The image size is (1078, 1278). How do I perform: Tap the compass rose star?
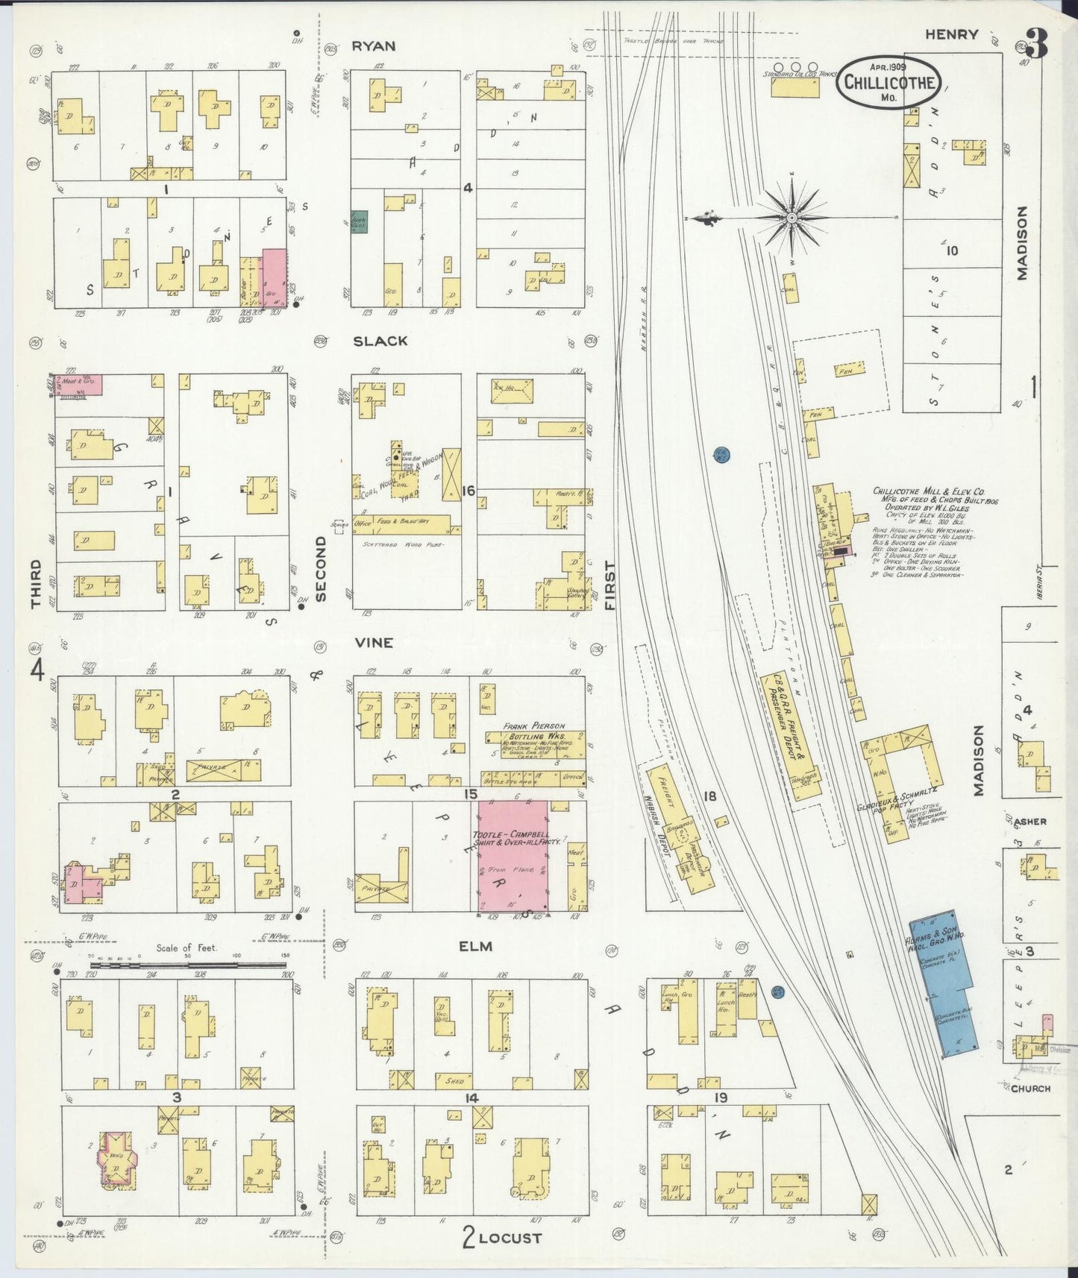coord(792,218)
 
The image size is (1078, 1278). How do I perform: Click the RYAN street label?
coord(373,46)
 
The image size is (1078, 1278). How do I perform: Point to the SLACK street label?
coord(380,341)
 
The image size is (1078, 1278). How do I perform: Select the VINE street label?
coord(374,642)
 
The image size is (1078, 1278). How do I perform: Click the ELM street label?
coord(476,946)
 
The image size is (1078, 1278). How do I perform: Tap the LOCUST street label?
coord(510,1238)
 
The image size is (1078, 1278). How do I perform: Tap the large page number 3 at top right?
coord(1035,45)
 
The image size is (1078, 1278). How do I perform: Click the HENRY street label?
coord(951,34)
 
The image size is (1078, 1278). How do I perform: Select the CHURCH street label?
coord(1030,1088)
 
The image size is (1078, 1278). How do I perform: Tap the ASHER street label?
coord(1030,822)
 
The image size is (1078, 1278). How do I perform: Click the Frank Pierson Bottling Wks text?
coord(533,731)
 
